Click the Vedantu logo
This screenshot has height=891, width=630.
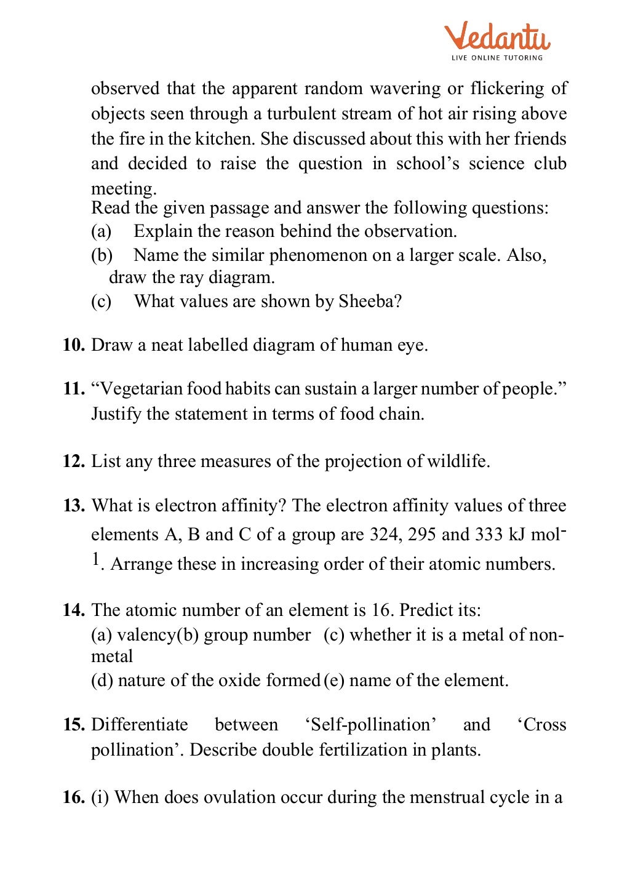[x=497, y=37]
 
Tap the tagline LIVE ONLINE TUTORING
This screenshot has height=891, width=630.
[x=497, y=58]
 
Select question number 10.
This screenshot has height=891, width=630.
[x=73, y=345]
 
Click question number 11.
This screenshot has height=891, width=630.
[x=73, y=389]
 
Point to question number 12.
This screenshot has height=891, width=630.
[x=73, y=461]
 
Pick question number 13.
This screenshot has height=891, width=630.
[x=73, y=506]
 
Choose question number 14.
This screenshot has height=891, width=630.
[x=73, y=610]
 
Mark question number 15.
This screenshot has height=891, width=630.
[x=73, y=725]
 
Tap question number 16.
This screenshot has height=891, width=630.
[x=73, y=797]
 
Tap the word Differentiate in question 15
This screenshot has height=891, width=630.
[x=140, y=725]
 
